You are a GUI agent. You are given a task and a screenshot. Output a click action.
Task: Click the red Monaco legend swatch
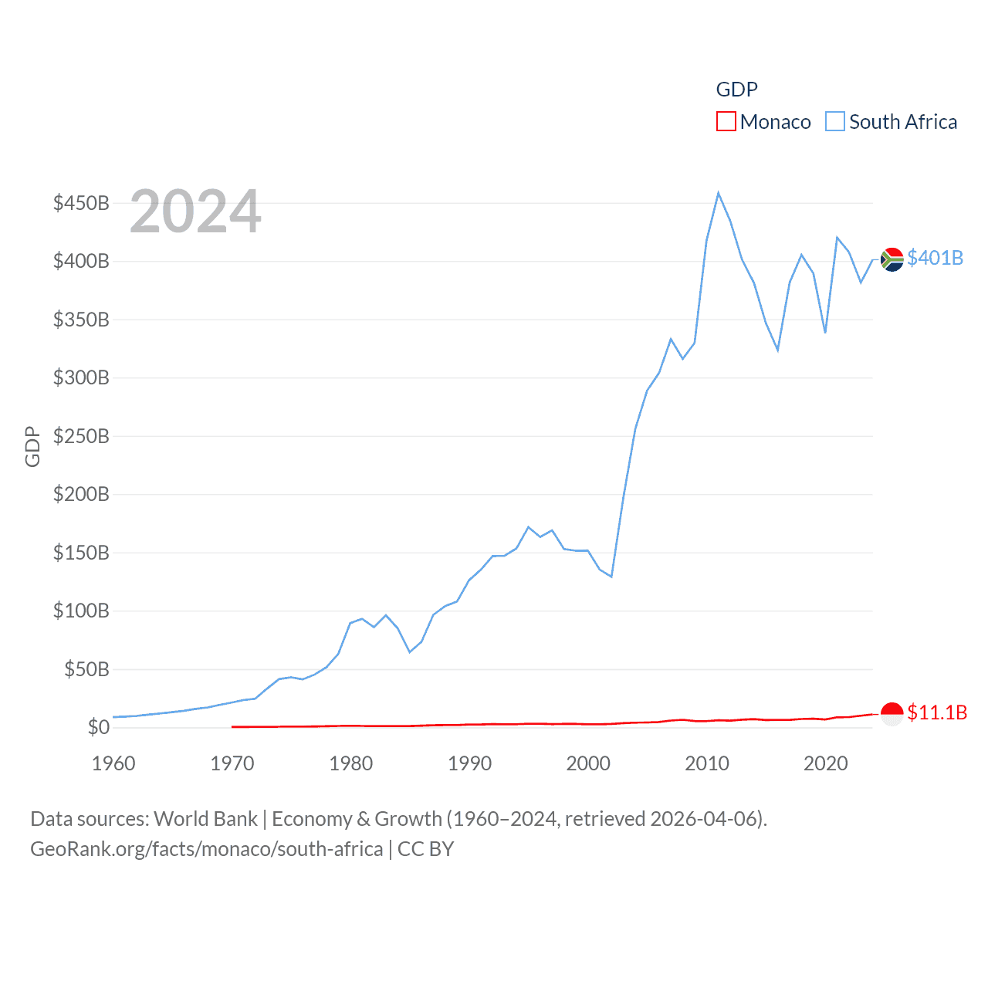coord(726,122)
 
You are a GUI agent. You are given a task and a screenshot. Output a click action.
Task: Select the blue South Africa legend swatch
coord(835,122)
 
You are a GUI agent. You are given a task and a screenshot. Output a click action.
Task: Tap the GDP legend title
coord(736,90)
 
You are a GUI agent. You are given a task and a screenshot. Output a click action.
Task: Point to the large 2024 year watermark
coord(195,211)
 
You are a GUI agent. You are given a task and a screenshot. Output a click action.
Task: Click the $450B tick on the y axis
coord(81,203)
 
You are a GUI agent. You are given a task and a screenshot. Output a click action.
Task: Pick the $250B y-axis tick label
coord(81,436)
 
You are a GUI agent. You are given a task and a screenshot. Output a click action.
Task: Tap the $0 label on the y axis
coord(99,727)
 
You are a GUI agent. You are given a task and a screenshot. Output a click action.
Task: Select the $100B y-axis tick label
coord(81,611)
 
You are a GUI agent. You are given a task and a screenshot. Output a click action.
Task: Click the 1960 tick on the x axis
coord(113,763)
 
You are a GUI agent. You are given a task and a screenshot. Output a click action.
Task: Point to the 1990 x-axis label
coord(469,763)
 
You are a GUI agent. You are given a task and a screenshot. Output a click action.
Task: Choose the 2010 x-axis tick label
coord(707,763)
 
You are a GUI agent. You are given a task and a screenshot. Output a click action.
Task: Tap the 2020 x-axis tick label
coord(826,763)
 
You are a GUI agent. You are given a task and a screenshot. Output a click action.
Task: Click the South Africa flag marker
coord(892,259)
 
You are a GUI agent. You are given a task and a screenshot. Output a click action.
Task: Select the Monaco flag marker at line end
coord(892,714)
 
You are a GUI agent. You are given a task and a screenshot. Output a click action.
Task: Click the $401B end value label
coord(935,258)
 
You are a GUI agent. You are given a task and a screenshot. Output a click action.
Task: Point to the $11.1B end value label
coord(937,712)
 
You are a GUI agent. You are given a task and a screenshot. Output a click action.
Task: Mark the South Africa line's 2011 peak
coord(719,193)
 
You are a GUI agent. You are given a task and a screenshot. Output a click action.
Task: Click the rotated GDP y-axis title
coord(32,446)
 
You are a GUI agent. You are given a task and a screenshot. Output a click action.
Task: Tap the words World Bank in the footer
coord(205,819)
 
